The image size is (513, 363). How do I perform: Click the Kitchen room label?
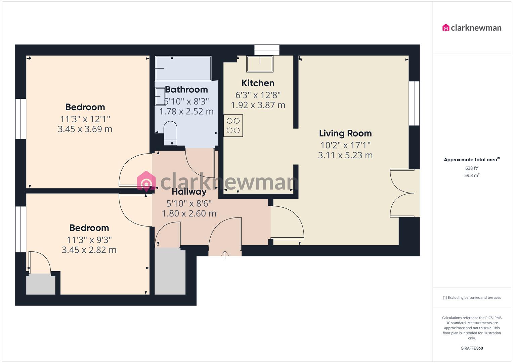[258, 83]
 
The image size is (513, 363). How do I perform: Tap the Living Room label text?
[345, 133]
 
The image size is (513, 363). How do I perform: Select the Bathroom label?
[186, 90]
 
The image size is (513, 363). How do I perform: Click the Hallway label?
[189, 192]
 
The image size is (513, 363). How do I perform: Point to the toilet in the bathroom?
[170, 133]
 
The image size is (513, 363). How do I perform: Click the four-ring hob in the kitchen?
[233, 126]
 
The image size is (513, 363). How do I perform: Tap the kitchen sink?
[260, 64]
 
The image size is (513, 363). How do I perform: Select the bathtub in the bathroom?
[183, 68]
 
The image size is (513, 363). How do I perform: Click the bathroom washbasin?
[160, 96]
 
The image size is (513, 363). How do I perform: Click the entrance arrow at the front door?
[225, 254]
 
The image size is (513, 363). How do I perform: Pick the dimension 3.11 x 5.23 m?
[345, 155]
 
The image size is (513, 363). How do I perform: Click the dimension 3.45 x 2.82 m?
[89, 250]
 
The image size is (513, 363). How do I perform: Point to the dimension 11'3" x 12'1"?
[85, 119]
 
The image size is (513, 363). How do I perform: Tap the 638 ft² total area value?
[472, 168]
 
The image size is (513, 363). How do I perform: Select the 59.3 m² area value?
[472, 175]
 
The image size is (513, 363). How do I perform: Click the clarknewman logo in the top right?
[472, 28]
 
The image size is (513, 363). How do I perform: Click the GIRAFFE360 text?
[472, 348]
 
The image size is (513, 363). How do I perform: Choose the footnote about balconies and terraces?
[472, 297]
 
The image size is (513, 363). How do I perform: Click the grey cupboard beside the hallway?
[170, 272]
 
